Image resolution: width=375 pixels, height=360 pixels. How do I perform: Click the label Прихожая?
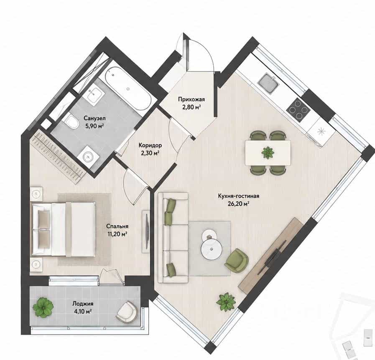[x=191, y=99]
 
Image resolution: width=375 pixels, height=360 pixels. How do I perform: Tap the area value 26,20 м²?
[x=238, y=204]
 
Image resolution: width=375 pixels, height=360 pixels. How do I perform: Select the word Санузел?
[x=94, y=118]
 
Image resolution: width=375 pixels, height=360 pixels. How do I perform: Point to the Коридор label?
[x=150, y=145]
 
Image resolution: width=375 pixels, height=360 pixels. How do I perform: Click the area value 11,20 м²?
[x=117, y=234]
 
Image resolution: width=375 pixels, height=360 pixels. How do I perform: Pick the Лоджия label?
[x=83, y=304]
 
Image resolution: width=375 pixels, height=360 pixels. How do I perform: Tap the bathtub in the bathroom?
[x=128, y=88]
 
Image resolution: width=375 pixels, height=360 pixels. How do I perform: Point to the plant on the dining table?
[x=268, y=152]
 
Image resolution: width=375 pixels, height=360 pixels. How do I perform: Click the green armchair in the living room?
[x=236, y=261]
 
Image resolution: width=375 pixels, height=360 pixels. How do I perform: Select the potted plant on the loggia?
[x=43, y=307]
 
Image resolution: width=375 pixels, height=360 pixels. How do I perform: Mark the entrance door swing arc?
[x=206, y=50]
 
